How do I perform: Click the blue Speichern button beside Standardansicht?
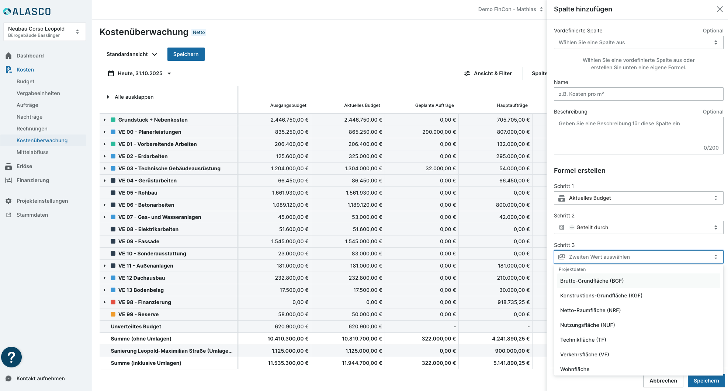186,54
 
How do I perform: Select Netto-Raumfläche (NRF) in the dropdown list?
590,310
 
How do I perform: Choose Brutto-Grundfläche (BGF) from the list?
592,281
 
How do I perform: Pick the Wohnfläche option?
575,369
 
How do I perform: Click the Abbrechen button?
663,381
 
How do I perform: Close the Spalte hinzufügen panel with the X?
720,9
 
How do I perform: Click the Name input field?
638,94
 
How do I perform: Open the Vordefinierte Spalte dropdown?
638,42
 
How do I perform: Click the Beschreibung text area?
638,135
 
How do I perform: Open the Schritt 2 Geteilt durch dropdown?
638,227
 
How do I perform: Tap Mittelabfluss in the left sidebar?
32,152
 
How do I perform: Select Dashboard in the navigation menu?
30,56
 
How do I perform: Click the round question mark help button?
11,357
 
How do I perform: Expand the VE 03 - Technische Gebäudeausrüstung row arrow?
105,168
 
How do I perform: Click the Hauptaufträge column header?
512,105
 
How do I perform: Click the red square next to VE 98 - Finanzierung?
113,302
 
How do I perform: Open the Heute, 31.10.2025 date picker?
139,73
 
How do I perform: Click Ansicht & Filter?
488,73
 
